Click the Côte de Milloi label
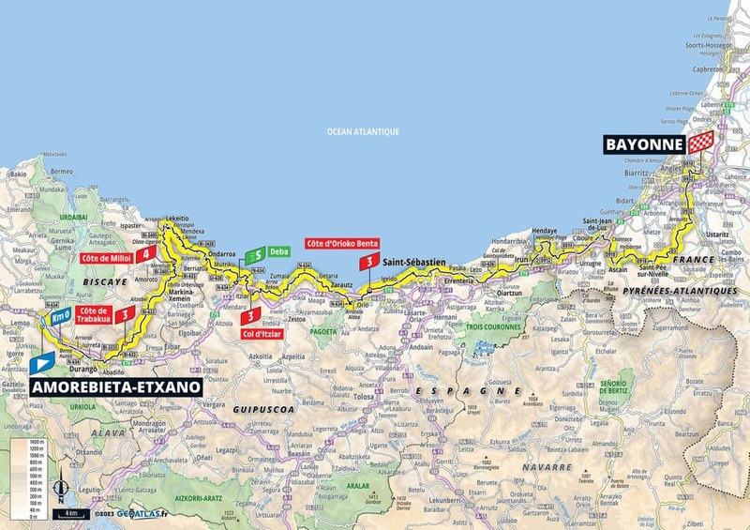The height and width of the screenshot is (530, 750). (106, 254)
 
